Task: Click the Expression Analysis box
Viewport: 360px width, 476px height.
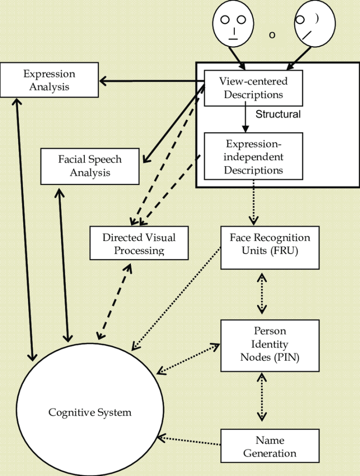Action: (49, 80)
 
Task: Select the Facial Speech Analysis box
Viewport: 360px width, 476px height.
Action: (90, 166)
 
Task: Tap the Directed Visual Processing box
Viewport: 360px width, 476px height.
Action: (139, 243)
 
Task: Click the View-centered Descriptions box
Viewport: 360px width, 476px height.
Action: (253, 88)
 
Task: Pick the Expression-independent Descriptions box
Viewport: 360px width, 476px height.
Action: (253, 156)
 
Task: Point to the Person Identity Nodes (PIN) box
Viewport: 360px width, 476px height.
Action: (270, 345)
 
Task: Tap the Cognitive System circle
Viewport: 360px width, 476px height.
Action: (90, 412)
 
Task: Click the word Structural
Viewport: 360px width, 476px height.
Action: (278, 114)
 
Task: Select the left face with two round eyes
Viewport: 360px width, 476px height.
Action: (233, 23)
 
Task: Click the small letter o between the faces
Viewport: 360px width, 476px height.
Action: (272, 34)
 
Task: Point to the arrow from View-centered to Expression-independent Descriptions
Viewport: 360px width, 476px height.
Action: (244, 119)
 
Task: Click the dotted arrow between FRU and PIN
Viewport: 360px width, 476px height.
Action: (262, 294)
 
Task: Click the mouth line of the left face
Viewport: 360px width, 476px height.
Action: (233, 39)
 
